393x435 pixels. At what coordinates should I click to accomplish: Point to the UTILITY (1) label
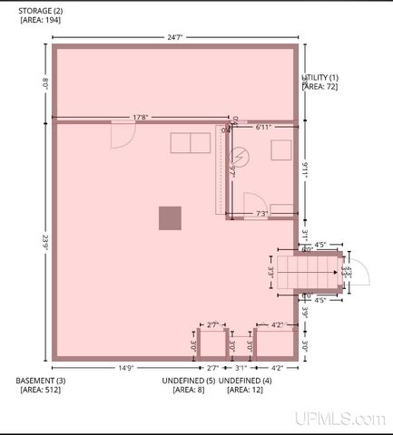pos(322,78)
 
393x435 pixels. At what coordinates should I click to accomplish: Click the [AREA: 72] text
pos(320,87)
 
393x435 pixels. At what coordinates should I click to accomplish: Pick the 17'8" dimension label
pos(141,116)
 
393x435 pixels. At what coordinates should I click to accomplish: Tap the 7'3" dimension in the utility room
pos(261,214)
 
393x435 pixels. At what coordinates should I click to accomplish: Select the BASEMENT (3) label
pos(41,381)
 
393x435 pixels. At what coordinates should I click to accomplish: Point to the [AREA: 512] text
pos(42,390)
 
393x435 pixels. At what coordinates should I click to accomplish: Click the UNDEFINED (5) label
pos(188,381)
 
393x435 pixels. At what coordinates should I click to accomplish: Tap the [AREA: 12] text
pos(244,390)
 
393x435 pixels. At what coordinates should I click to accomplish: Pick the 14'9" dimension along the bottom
pos(126,367)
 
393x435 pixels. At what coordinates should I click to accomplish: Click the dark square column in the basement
pos(170,217)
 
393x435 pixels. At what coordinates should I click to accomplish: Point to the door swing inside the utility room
pos(253,203)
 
